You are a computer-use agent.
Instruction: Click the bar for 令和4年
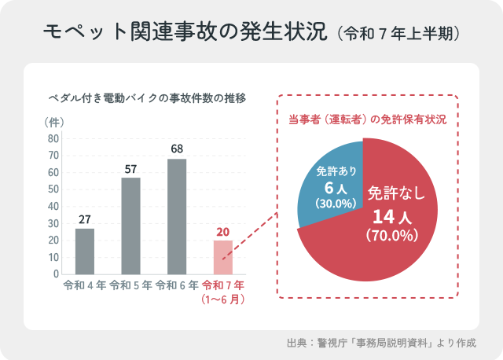click(x=85, y=252)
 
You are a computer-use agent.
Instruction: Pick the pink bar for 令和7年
click(x=223, y=258)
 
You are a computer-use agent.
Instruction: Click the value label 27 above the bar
click(x=85, y=219)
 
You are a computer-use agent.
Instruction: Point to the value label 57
click(x=131, y=168)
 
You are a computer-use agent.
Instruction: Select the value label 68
click(x=177, y=149)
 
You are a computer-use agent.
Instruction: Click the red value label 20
click(x=223, y=231)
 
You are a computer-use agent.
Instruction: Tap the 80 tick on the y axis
click(x=53, y=138)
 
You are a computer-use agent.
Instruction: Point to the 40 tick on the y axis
click(x=53, y=206)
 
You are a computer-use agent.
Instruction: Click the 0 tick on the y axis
click(x=56, y=274)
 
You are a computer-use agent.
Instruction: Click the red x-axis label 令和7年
click(x=223, y=285)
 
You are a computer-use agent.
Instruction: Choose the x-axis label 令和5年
click(x=131, y=285)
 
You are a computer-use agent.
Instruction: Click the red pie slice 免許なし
click(x=393, y=236)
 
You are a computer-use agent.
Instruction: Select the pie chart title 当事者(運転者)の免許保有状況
click(x=368, y=120)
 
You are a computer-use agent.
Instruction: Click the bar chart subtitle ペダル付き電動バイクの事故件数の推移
click(x=148, y=99)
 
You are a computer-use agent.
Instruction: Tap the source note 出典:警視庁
click(x=382, y=343)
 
